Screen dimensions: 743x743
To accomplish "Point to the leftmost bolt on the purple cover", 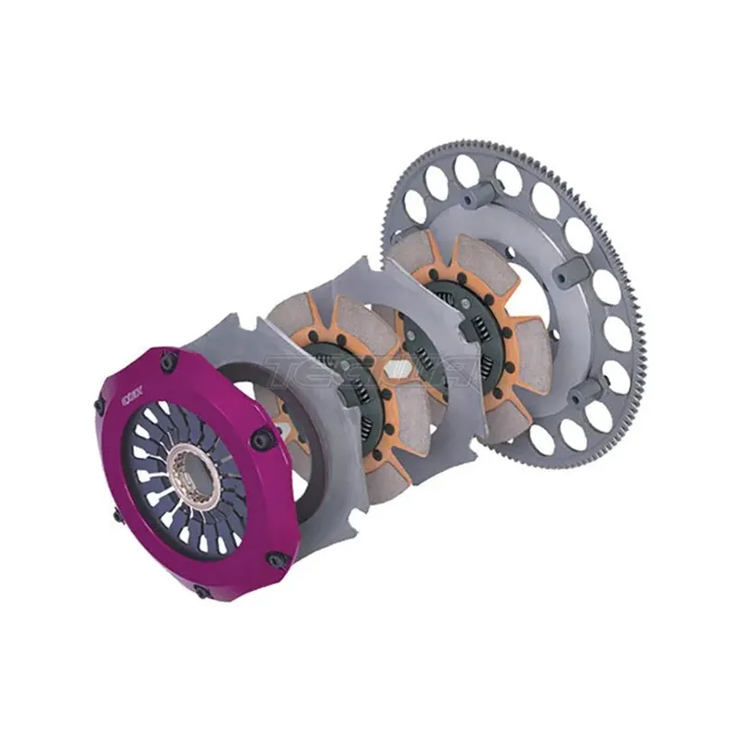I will coord(100,406).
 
